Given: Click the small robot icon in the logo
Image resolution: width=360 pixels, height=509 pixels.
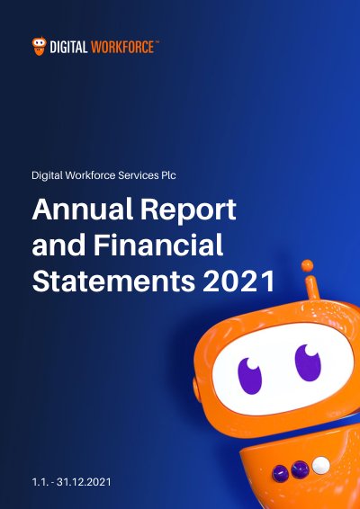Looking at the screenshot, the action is click(x=39, y=46).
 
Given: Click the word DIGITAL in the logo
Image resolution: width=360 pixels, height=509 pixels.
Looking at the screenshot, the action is click(x=69, y=47).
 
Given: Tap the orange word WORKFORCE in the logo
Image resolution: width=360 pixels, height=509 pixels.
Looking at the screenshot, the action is click(x=122, y=47).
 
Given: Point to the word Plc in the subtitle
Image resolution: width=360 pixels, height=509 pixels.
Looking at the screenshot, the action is click(x=168, y=175).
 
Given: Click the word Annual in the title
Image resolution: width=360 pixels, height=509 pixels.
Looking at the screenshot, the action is click(x=83, y=209).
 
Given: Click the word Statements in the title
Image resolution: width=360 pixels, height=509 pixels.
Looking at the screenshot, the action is click(x=113, y=281).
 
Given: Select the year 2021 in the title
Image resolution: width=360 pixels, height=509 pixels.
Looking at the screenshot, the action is click(x=238, y=281).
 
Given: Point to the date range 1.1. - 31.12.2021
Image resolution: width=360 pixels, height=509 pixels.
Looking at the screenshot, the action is click(x=71, y=482).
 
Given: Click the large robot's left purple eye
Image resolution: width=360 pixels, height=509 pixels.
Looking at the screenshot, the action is click(x=249, y=376).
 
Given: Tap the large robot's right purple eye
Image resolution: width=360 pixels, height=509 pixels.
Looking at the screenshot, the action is click(x=308, y=362).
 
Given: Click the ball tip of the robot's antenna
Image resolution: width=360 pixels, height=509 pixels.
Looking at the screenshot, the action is click(x=307, y=266).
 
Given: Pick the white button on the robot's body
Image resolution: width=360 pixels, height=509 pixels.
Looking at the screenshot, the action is click(x=321, y=465).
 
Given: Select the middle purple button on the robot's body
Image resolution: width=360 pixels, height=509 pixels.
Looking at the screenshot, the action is click(x=300, y=469).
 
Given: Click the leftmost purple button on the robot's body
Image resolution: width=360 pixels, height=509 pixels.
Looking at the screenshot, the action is click(x=281, y=474).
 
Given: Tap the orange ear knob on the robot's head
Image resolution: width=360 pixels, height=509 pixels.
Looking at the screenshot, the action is click(x=197, y=388).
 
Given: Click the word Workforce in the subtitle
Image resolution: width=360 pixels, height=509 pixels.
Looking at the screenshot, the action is click(x=90, y=175).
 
